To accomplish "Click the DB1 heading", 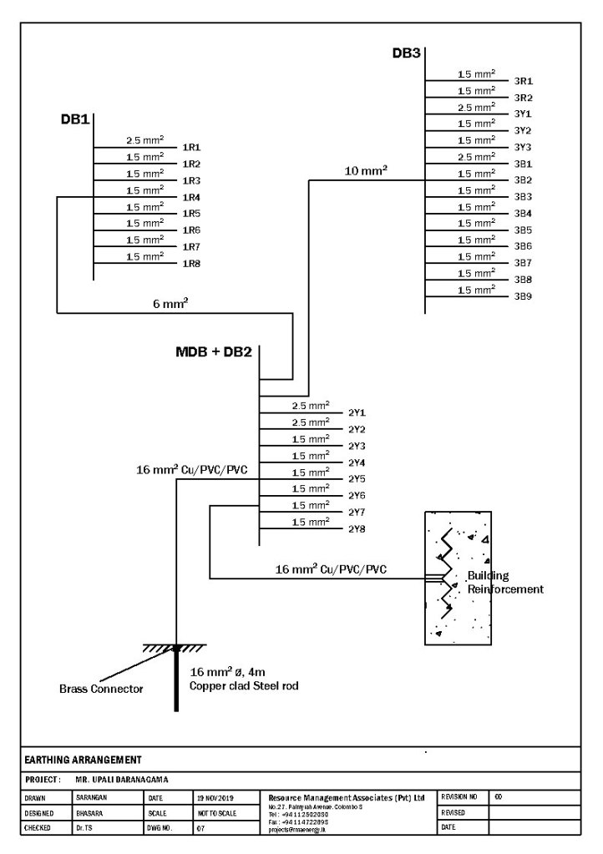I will (x=74, y=119).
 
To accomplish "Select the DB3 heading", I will (x=406, y=53).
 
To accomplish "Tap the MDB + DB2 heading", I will (x=213, y=351).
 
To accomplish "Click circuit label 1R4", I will (x=191, y=198).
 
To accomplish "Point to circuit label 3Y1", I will (x=524, y=114).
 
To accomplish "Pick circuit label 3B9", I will (x=524, y=296).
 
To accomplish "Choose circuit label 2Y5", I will (x=357, y=479).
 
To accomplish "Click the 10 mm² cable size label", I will (x=366, y=172).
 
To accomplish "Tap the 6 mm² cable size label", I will (x=170, y=305).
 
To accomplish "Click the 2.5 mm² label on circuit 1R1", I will (x=144, y=140).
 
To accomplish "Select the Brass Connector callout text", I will (x=101, y=689).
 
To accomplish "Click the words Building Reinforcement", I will (x=504, y=583).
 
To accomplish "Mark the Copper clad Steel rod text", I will (x=244, y=685).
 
